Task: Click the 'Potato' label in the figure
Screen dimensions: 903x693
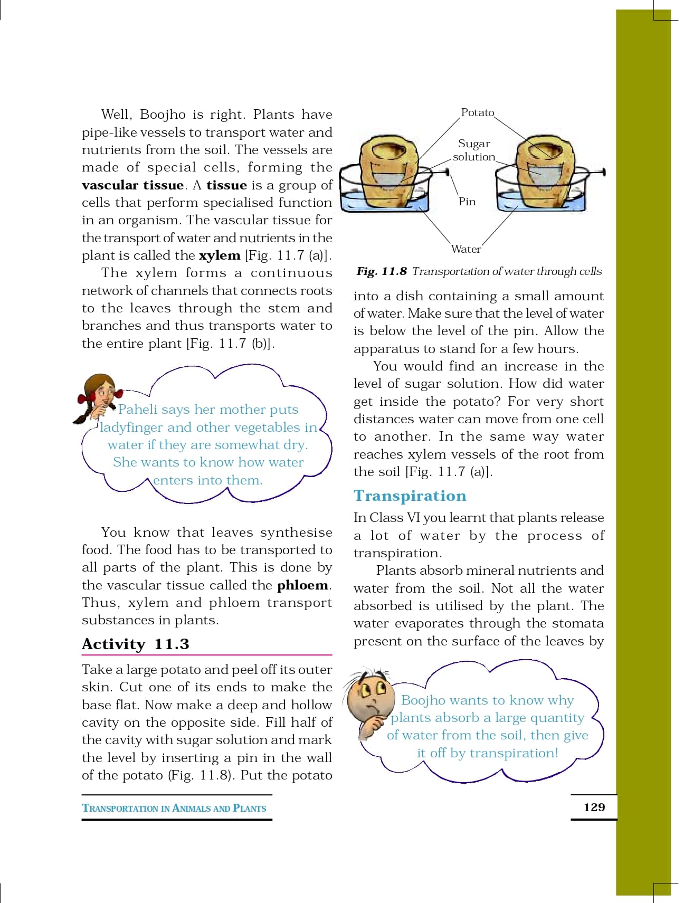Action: (x=477, y=112)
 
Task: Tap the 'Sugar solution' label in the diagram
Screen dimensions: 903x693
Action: (x=473, y=150)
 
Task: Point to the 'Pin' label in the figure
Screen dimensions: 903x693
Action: (x=467, y=202)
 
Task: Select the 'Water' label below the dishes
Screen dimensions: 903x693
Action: (x=466, y=249)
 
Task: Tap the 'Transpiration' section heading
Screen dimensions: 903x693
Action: (x=410, y=496)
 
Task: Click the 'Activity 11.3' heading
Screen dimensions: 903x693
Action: (x=135, y=644)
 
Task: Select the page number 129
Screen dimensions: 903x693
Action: (x=594, y=807)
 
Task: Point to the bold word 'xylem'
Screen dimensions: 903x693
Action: (x=220, y=255)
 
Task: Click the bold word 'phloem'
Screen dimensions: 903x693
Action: (x=302, y=585)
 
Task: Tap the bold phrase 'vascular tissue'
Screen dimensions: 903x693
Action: (x=132, y=185)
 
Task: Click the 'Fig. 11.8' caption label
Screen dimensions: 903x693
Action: (x=382, y=271)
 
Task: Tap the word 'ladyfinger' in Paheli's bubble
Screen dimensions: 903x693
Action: (x=131, y=427)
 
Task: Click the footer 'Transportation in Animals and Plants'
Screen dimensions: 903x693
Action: (x=174, y=808)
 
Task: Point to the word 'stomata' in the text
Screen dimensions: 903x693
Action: (x=578, y=624)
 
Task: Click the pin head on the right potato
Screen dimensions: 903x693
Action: (x=603, y=172)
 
